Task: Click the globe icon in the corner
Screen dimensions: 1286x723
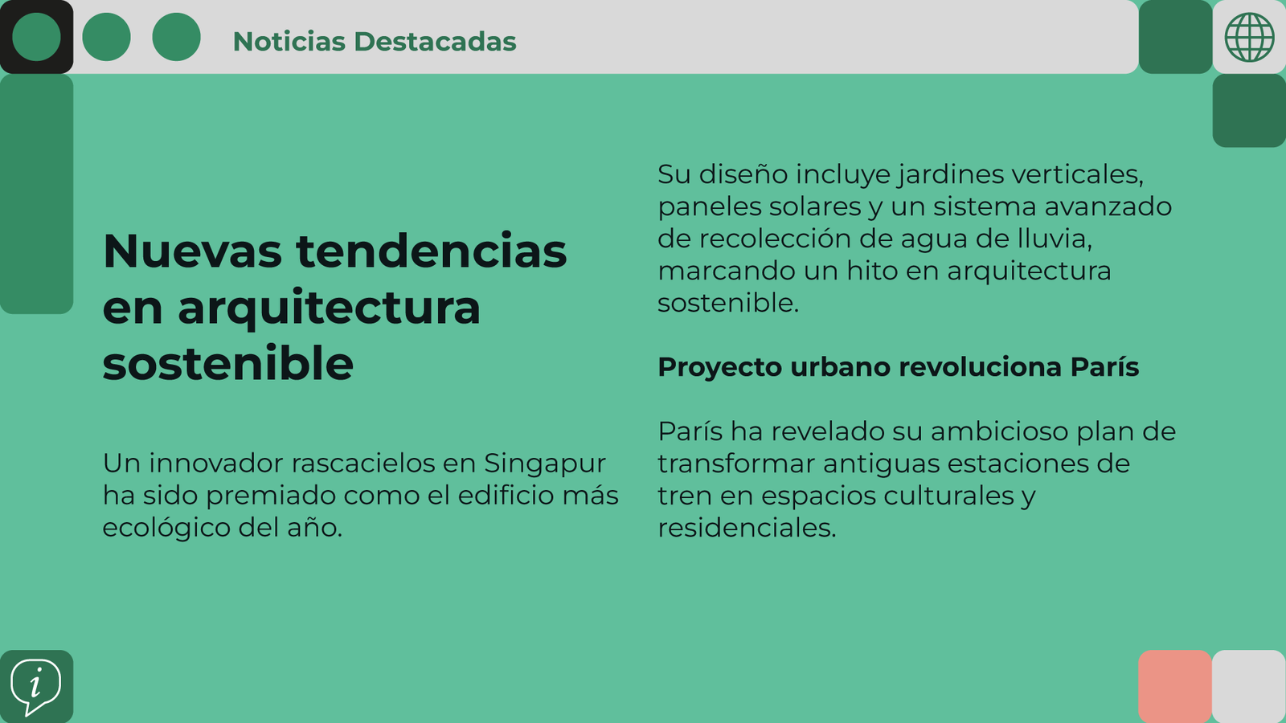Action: click(1249, 37)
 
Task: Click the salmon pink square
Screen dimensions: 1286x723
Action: click(1174, 686)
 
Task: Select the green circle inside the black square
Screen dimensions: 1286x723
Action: click(36, 37)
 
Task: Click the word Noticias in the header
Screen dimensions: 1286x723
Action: click(289, 41)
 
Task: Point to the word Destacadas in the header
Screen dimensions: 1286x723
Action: click(435, 41)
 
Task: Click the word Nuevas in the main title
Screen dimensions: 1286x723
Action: click(192, 251)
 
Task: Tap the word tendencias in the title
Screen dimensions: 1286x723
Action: click(431, 251)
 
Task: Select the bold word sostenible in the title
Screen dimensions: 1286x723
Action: click(228, 363)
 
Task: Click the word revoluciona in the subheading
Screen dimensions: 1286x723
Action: click(980, 367)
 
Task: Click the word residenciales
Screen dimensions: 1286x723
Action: click(747, 528)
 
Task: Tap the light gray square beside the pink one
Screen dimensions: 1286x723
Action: click(1249, 686)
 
